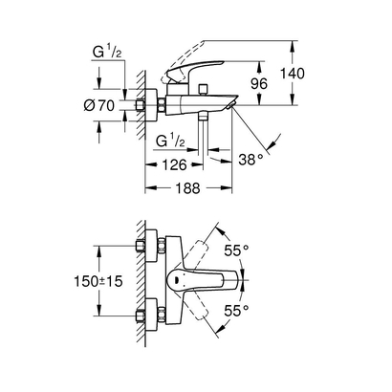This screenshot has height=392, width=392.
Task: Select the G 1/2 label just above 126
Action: click(174, 141)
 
